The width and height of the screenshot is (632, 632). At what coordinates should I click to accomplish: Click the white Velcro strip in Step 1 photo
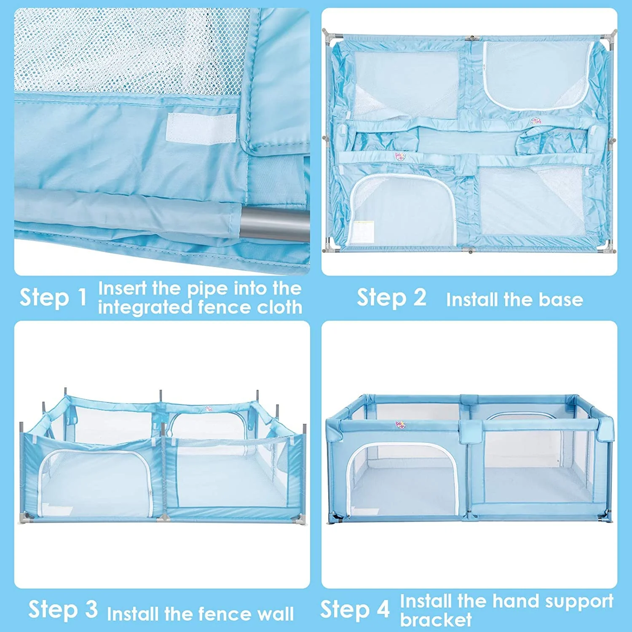pyautogui.click(x=201, y=129)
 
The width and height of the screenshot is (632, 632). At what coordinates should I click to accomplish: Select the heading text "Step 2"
pyautogui.click(x=392, y=297)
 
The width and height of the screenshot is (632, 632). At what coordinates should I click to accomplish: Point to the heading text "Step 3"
pyautogui.click(x=63, y=609)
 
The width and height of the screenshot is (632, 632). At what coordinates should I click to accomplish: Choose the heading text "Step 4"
pyautogui.click(x=355, y=609)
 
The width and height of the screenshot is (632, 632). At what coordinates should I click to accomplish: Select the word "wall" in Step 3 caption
pyautogui.click(x=276, y=614)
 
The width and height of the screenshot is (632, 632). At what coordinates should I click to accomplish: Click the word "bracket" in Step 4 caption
pyautogui.click(x=436, y=620)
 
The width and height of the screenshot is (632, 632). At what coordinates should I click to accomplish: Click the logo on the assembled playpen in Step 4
pyautogui.click(x=400, y=425)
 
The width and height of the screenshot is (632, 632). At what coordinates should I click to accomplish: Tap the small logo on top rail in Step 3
pyautogui.click(x=209, y=408)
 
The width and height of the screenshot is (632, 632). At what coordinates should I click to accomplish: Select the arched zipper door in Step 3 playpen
pyautogui.click(x=95, y=482)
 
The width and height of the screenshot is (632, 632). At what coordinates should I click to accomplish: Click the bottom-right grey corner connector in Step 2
pyautogui.click(x=608, y=247)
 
